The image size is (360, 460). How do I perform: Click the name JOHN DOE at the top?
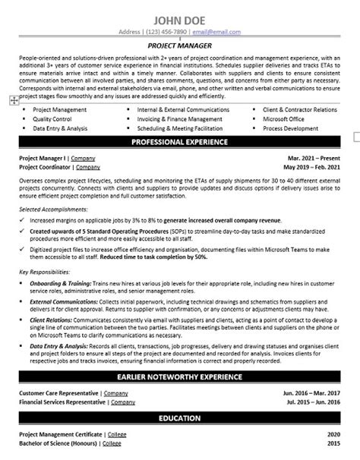click(x=179, y=20)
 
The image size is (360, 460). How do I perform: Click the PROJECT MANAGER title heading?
click(x=179, y=46)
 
